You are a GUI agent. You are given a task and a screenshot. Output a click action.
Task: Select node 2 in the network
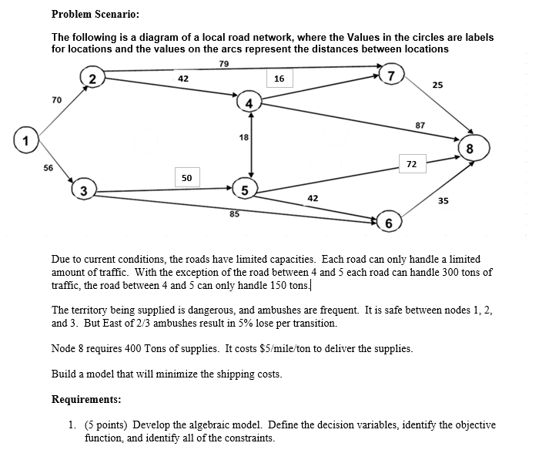(x=92, y=79)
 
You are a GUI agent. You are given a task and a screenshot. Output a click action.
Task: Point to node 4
(x=249, y=103)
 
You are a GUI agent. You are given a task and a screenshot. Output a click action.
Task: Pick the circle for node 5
(x=244, y=190)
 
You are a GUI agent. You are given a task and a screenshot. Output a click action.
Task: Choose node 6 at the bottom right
(x=390, y=223)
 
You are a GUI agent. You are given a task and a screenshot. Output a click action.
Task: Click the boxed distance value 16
(x=279, y=79)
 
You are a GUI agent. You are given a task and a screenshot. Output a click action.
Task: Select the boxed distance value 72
(x=411, y=164)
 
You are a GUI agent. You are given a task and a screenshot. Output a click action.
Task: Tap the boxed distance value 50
(x=187, y=178)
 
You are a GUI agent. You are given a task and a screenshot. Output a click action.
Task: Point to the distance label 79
(x=223, y=63)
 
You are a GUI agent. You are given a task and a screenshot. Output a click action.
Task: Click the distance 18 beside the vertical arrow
(x=243, y=137)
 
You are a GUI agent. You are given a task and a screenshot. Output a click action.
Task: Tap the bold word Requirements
(x=86, y=399)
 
